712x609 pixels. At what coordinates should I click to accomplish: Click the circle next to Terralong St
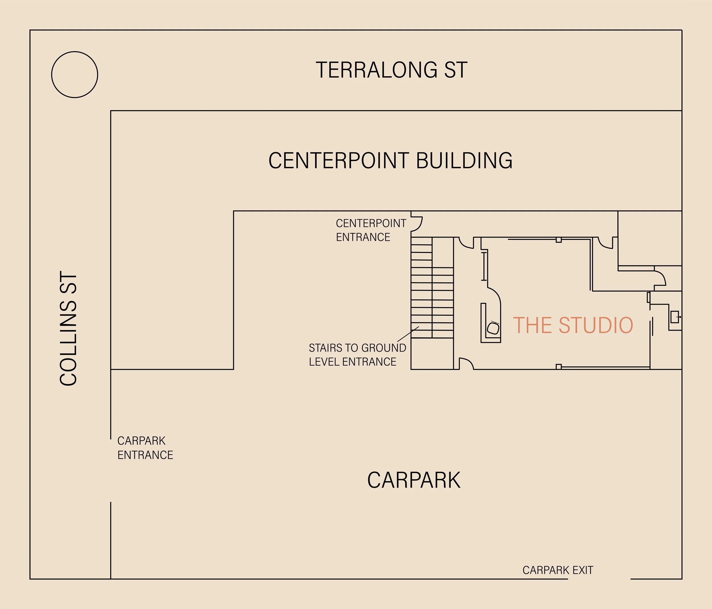(x=75, y=75)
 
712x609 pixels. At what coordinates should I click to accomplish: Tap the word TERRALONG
(x=376, y=70)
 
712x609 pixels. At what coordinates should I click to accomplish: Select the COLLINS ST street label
(x=68, y=329)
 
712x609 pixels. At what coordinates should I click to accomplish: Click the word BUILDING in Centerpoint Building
(x=464, y=160)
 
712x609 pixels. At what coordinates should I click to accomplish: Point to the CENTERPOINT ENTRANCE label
(x=371, y=230)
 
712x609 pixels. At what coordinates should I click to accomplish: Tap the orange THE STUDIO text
(x=573, y=325)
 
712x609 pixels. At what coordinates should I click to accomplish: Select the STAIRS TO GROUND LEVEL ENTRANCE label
(x=357, y=355)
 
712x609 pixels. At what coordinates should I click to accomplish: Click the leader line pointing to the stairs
(x=408, y=334)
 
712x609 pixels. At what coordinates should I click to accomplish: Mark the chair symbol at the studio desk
(x=493, y=328)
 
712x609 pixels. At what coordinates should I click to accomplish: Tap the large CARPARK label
(x=414, y=480)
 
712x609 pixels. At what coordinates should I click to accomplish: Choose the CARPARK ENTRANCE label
(x=145, y=448)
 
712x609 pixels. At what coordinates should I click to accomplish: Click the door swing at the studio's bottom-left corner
(x=466, y=364)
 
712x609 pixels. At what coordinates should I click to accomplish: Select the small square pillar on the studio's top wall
(x=559, y=240)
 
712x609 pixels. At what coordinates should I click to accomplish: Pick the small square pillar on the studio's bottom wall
(x=559, y=367)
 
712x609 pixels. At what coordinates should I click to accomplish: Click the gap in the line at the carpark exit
(x=599, y=579)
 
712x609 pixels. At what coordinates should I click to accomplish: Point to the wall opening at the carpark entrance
(x=111, y=470)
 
